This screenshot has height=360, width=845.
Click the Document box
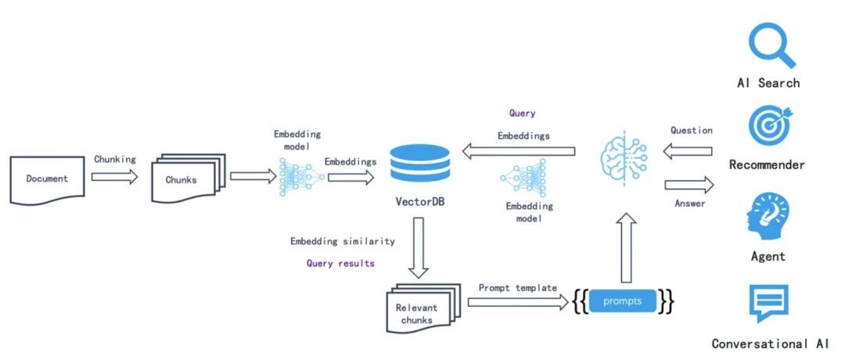[x=48, y=179]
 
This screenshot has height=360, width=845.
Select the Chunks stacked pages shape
[x=188, y=178]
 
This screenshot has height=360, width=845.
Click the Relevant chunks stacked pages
[x=423, y=308]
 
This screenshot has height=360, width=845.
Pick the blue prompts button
[x=623, y=301]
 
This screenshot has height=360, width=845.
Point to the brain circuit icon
[x=624, y=158]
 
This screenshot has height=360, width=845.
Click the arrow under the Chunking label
[x=114, y=176]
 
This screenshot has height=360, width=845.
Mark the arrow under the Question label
[x=689, y=152]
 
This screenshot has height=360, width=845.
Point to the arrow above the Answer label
[x=689, y=185]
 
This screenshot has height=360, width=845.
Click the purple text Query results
[x=340, y=264]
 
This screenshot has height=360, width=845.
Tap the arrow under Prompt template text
[x=518, y=302]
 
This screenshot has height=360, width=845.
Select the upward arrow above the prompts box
[x=626, y=248]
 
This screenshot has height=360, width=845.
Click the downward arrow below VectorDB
[x=418, y=247]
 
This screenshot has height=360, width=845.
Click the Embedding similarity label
[x=343, y=241]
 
